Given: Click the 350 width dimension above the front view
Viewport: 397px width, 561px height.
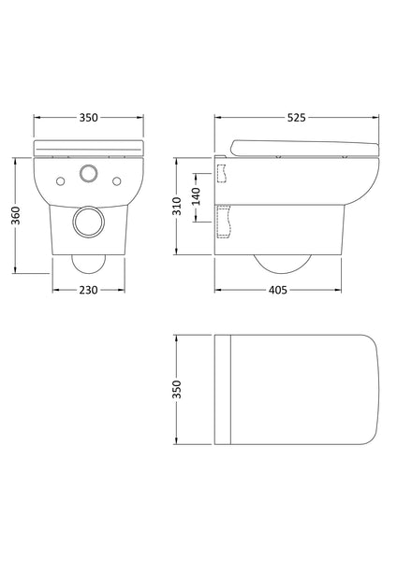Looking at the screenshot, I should (89, 118).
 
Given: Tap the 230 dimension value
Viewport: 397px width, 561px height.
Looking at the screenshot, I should (89, 291).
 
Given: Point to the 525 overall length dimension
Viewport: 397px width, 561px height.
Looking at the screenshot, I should (297, 118).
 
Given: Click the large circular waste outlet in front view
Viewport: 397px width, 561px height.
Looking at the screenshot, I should (89, 222).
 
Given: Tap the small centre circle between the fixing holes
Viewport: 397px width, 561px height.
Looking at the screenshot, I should (89, 174).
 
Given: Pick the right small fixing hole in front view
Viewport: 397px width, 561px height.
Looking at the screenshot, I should (119, 179).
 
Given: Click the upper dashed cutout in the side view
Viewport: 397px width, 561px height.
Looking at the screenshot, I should (223, 173).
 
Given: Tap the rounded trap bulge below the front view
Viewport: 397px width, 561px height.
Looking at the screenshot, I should (89, 262).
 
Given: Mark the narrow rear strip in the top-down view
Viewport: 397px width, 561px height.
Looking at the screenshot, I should (223, 387).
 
